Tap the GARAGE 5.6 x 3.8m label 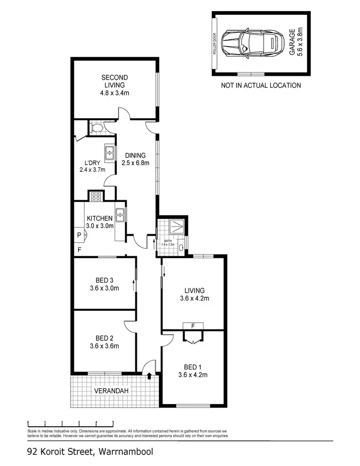296,43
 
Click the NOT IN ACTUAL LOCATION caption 261,85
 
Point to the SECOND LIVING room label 114,85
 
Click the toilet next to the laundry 96,128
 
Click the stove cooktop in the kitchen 96,196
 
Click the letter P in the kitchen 79,235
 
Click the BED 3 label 104,284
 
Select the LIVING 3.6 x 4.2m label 194,294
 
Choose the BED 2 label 104,342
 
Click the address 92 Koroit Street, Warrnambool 90,452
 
